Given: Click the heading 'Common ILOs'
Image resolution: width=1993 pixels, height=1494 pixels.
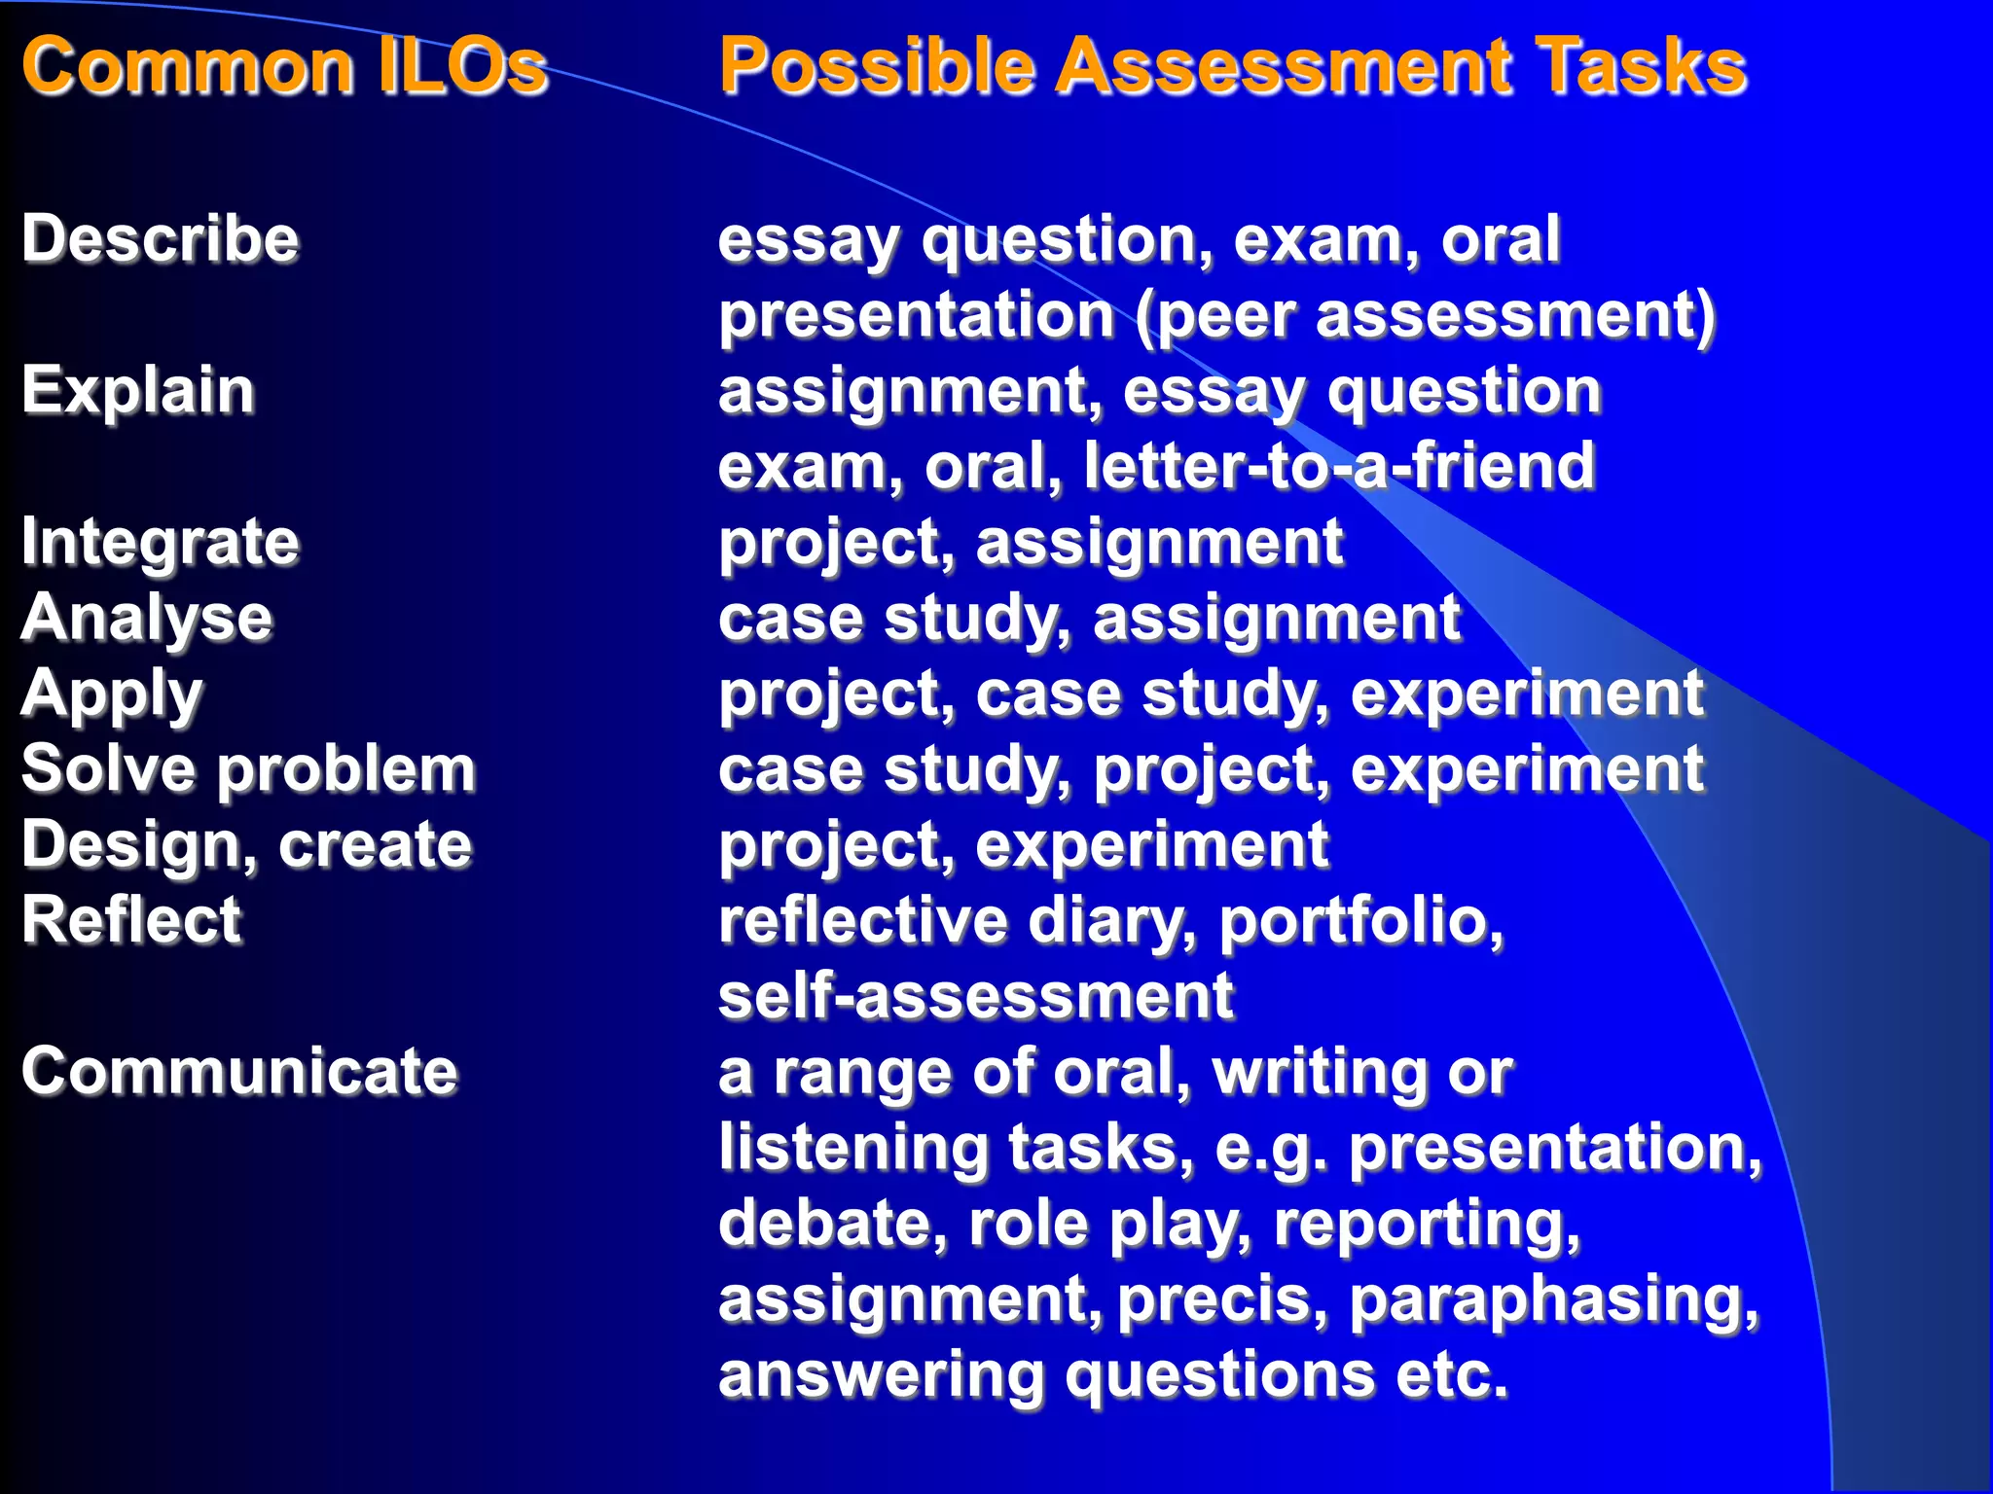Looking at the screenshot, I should (x=284, y=65).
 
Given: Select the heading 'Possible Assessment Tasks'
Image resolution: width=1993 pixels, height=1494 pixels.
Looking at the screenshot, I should (x=1232, y=65).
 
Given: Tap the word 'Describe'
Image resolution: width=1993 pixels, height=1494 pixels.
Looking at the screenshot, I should (x=161, y=239).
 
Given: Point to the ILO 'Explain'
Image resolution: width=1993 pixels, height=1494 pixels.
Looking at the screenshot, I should (x=138, y=391).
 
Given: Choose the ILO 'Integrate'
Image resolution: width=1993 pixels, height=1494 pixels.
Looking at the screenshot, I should (x=161, y=542).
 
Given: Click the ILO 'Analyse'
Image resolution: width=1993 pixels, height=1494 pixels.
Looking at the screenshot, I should (x=147, y=618).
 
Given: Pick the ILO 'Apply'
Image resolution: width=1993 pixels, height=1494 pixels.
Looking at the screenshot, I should (x=112, y=694).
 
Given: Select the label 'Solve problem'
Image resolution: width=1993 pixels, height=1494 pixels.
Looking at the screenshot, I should (x=249, y=769).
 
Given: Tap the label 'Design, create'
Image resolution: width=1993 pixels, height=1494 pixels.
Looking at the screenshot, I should (x=247, y=844).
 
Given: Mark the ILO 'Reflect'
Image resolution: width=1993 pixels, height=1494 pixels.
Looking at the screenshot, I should (x=131, y=920).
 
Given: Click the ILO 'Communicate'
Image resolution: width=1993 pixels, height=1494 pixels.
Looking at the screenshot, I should (x=239, y=1071).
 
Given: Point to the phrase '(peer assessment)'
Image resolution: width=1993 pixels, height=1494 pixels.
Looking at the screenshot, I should (x=1426, y=316).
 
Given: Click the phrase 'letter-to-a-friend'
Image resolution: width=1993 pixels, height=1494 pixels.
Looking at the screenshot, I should (x=1339, y=466).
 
